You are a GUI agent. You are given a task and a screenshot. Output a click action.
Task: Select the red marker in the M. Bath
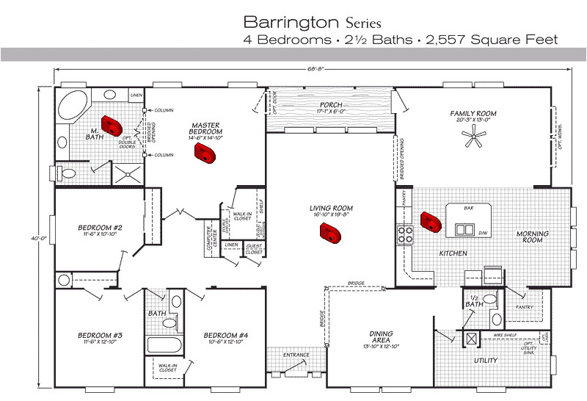[112, 126]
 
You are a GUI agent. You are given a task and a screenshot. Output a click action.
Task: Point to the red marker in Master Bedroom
[203, 153]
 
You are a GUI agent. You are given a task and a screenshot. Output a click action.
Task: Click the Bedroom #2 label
[100, 228]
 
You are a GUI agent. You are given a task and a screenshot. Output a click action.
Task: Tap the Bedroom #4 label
[225, 336]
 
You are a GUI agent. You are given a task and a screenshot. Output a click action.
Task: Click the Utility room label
[486, 361]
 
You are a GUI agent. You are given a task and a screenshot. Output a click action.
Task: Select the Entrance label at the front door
[296, 355]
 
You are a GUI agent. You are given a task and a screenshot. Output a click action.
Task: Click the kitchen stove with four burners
[405, 234]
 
